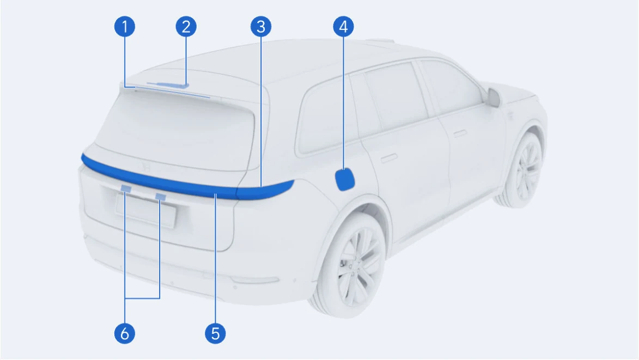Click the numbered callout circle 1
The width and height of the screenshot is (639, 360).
[125, 27]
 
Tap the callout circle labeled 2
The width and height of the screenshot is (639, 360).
[186, 27]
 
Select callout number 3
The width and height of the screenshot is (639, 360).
[261, 27]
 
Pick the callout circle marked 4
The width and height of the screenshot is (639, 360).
[344, 27]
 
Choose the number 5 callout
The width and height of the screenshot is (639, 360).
[216, 333]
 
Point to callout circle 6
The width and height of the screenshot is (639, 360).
[125, 333]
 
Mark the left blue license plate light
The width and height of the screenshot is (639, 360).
[126, 188]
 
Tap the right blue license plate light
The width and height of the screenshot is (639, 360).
[161, 197]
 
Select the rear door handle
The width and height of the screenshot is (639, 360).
[389, 157]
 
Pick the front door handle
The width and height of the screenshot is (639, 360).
[460, 133]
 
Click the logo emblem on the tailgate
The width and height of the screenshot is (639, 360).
[146, 167]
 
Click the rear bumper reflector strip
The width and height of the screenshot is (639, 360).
[254, 280]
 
